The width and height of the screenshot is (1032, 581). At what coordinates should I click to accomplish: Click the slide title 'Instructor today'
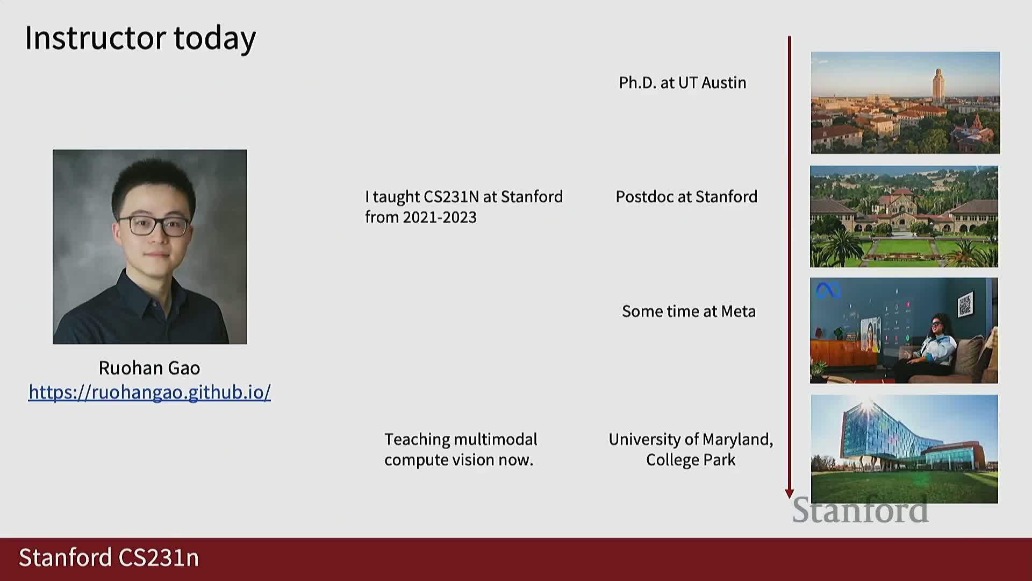(x=140, y=39)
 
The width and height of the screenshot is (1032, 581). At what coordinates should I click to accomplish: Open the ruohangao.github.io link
(x=149, y=392)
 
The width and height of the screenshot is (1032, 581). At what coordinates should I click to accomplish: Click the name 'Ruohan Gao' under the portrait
(x=149, y=368)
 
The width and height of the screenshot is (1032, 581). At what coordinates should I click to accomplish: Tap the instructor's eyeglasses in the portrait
(x=153, y=225)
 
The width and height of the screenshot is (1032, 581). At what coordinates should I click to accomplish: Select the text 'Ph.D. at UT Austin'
(x=683, y=83)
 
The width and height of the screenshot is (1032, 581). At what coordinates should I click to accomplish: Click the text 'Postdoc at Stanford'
(x=686, y=197)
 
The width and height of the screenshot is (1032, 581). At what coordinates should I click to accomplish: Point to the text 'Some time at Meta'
(x=689, y=311)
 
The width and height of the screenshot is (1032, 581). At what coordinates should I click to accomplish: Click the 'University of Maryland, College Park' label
(x=691, y=450)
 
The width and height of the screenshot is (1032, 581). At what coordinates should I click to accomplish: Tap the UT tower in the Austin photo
(x=938, y=86)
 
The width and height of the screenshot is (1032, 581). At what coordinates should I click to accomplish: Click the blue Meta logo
(x=828, y=290)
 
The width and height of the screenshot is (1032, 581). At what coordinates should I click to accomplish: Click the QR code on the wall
(x=965, y=304)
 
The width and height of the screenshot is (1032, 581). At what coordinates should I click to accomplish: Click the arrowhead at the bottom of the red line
(x=789, y=493)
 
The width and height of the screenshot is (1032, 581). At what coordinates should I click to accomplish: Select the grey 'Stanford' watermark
(x=861, y=510)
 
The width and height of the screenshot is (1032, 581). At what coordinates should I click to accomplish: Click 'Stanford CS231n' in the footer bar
(x=109, y=558)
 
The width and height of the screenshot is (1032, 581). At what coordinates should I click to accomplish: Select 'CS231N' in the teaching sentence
(x=451, y=197)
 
